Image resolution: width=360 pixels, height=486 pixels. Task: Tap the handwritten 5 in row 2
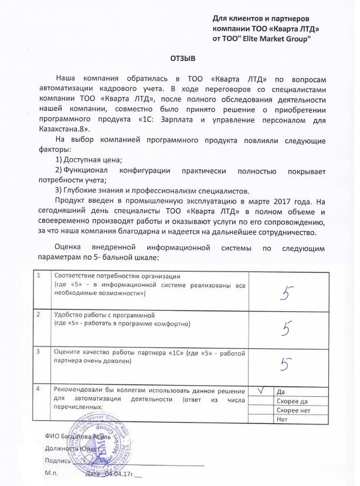[x=287, y=328]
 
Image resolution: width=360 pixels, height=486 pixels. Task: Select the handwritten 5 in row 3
[x=287, y=364]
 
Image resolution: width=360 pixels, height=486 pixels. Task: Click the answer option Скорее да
[x=291, y=400]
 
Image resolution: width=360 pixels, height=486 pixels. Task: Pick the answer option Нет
[x=281, y=419]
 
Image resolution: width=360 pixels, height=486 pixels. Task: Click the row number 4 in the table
[x=39, y=389]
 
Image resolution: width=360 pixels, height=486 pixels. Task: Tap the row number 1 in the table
[x=39, y=276]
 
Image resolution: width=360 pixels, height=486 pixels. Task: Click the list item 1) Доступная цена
[x=88, y=160]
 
